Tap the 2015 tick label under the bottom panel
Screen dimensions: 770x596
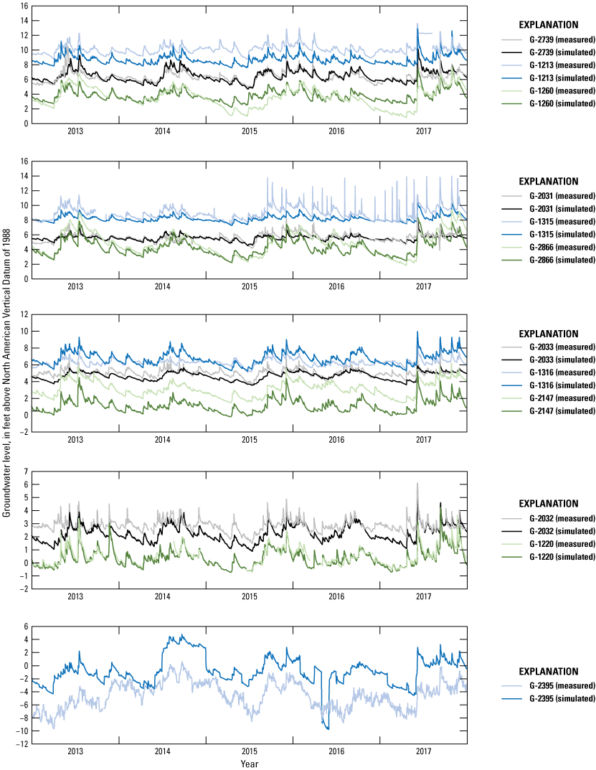click(x=250, y=751)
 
